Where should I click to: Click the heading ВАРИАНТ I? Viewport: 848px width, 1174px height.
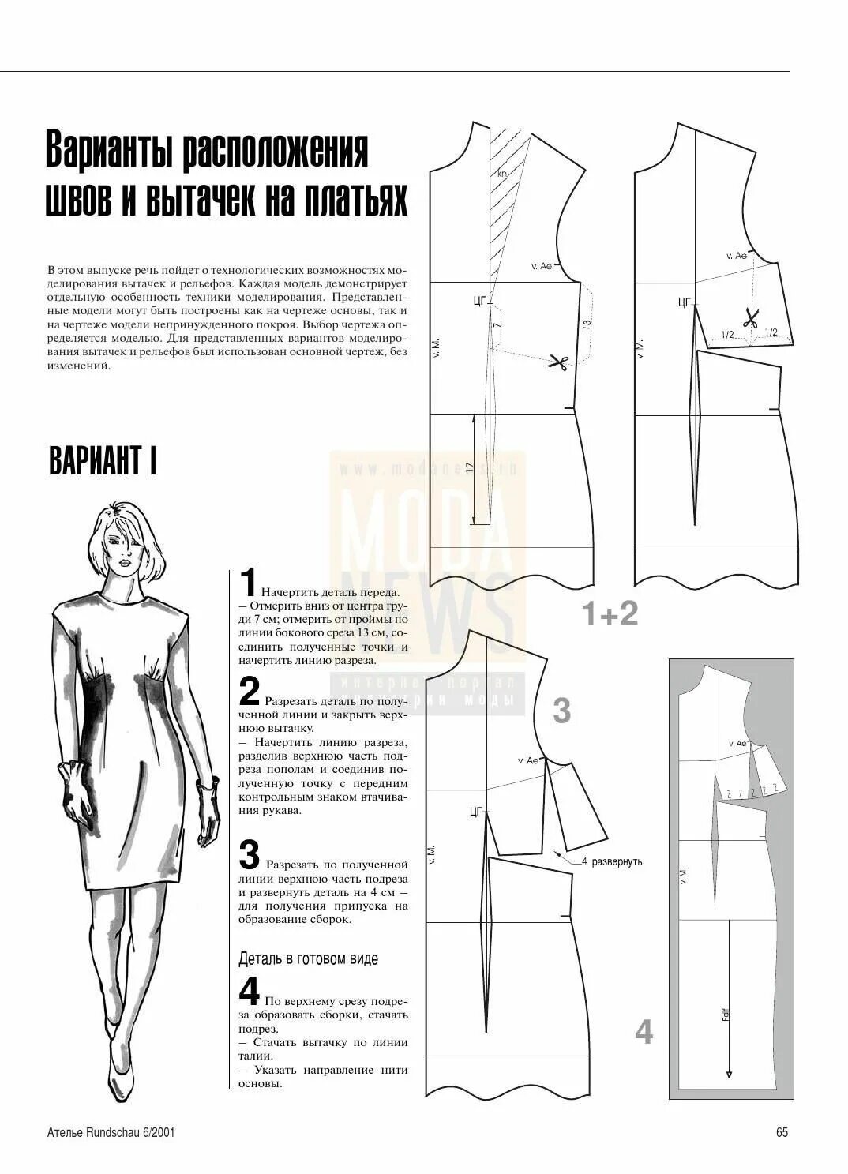point(103,460)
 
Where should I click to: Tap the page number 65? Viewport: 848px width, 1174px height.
point(782,1132)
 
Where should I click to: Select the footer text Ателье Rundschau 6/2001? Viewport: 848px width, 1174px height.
point(111,1132)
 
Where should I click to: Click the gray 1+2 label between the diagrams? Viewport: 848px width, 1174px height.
point(610,613)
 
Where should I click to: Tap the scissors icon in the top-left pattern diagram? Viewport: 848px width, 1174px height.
point(559,362)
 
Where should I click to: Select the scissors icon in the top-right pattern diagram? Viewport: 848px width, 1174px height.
point(750,318)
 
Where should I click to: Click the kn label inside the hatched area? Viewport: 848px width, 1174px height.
point(501,173)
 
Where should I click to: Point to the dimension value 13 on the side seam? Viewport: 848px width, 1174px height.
point(586,324)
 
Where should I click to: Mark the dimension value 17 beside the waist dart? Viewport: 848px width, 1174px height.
point(470,468)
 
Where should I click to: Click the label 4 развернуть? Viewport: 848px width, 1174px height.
point(612,861)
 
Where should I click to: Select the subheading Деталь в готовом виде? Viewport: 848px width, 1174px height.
point(308,958)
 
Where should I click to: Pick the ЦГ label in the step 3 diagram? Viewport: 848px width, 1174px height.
point(475,811)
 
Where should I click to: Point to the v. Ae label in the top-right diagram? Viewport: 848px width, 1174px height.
point(736,256)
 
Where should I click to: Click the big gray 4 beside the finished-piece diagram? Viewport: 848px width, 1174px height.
point(644,1032)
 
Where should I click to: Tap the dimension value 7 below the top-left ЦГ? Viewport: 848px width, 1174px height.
point(497,324)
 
